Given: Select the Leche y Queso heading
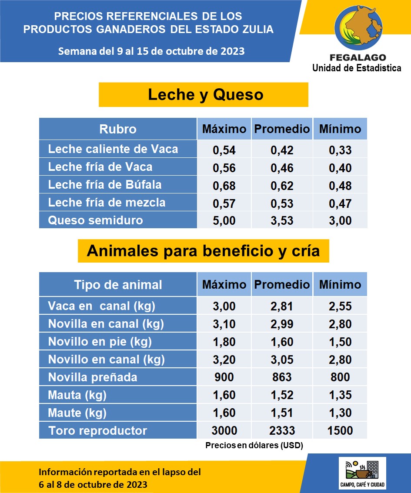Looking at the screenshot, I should point(205,94).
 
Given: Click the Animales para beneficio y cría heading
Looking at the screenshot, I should point(203,251).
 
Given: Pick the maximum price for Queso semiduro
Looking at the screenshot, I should point(224,220).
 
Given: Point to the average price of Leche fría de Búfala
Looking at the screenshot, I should point(282,186).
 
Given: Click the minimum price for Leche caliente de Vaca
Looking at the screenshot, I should point(340,150).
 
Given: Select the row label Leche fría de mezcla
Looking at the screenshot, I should point(107,203).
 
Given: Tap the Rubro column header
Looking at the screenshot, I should point(118,129).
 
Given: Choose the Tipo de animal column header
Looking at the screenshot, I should point(118,285).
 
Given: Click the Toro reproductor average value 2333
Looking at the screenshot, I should point(282,431).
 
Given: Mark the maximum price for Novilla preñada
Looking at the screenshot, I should point(224,377).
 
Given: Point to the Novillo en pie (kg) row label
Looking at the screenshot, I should point(100,342).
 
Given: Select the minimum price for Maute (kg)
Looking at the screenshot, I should point(340,413).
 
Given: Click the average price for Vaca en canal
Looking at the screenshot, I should point(282,306).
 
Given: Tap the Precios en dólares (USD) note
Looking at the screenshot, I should point(254,446).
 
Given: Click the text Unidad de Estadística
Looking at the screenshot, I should point(357,68).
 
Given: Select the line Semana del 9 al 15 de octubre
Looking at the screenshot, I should point(151,51).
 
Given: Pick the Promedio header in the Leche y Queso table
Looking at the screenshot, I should point(282,129).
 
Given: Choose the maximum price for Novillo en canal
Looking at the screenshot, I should point(224,360).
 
